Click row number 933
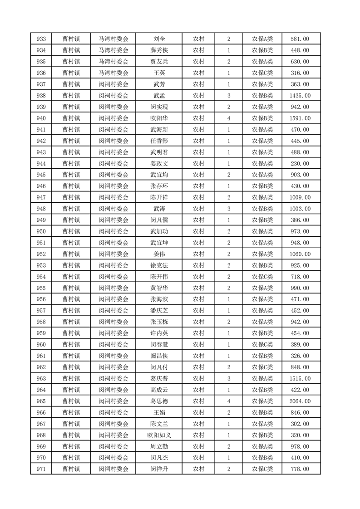point(41,39)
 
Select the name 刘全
point(159,39)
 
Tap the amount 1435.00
point(300,96)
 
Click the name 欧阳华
point(159,118)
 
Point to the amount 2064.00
point(300,401)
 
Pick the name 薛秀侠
point(159,50)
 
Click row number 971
point(41,469)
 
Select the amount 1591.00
point(300,118)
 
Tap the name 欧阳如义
point(159,435)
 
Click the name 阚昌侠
point(159,356)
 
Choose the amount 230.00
point(300,164)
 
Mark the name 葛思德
point(159,401)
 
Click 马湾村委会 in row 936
point(113,73)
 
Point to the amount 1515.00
point(300,379)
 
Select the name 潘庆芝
point(159,311)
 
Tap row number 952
point(41,254)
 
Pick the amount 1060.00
point(300,254)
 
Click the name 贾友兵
point(159,62)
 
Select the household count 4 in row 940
point(229,118)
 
